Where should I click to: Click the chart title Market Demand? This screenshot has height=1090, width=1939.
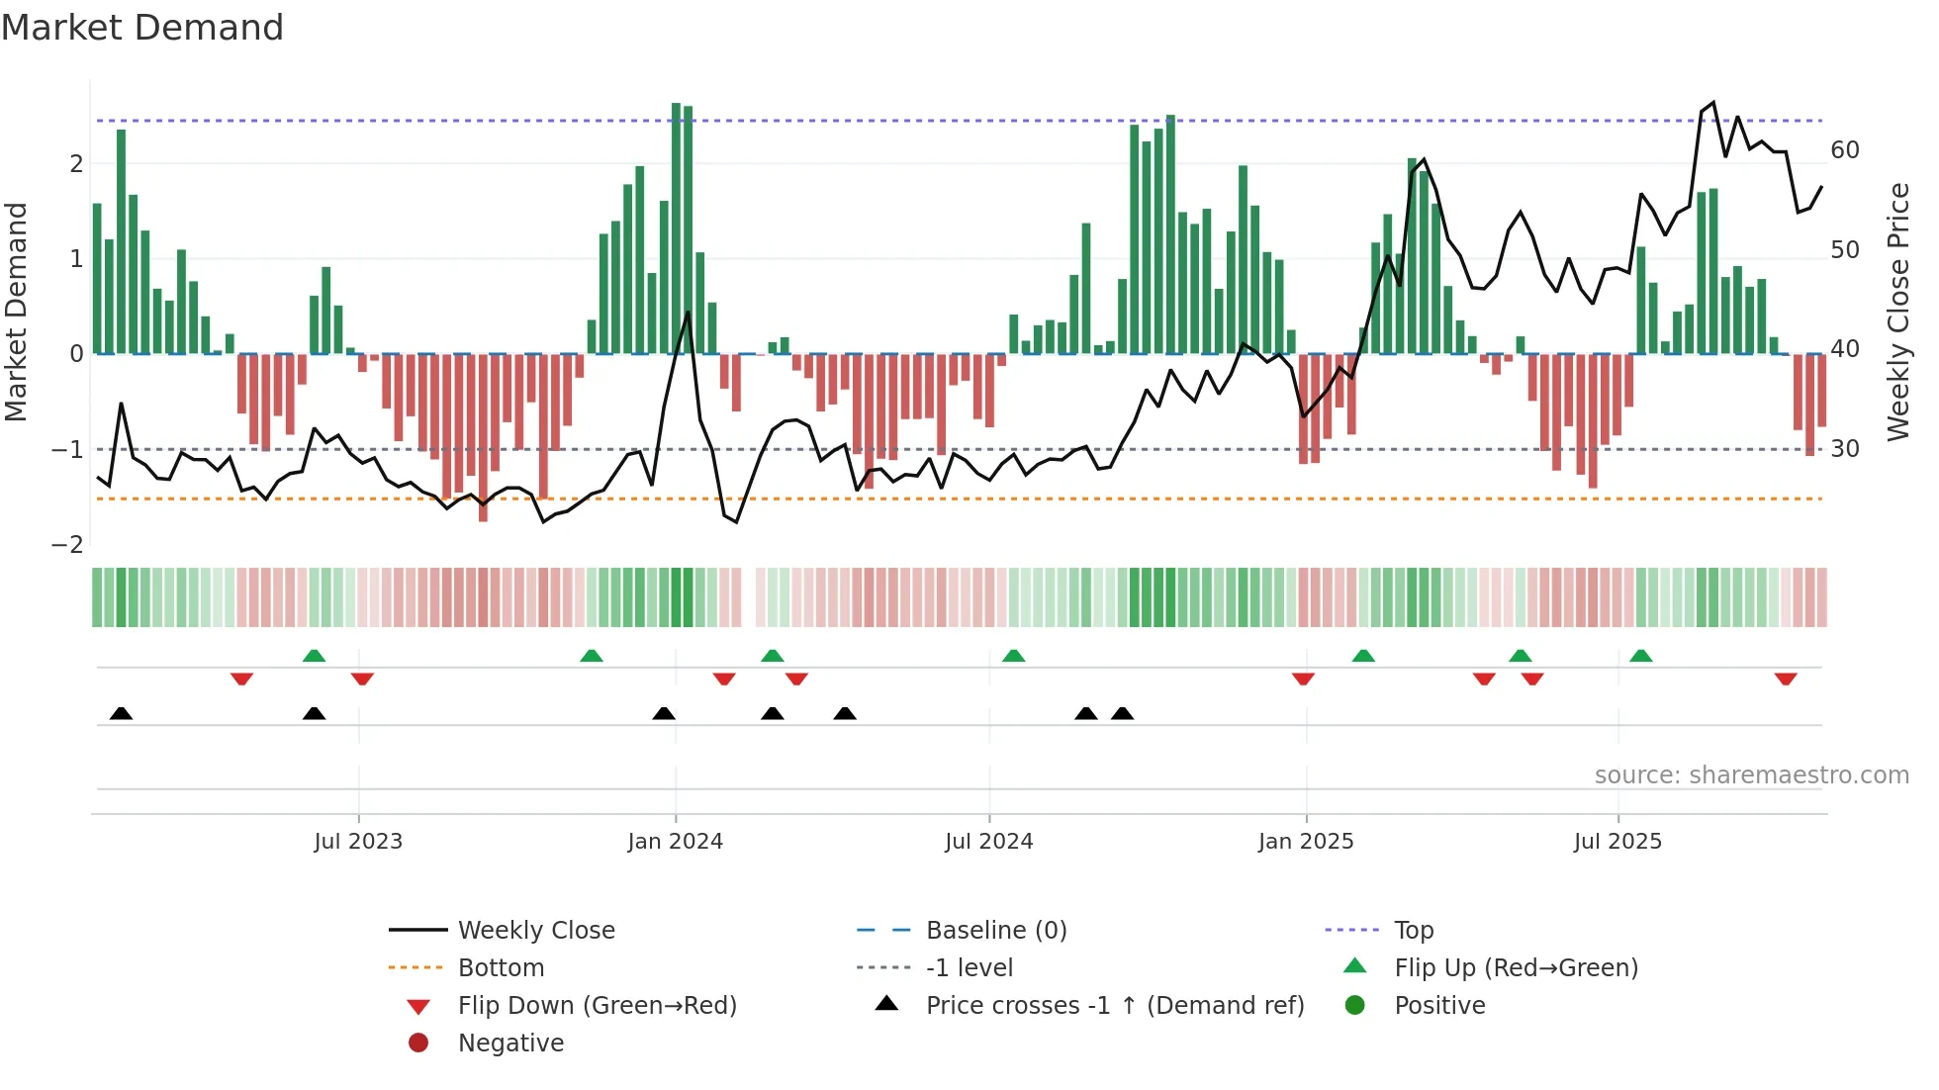(142, 28)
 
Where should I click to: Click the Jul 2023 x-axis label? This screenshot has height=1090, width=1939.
(358, 842)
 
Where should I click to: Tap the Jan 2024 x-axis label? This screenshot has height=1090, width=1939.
(675, 842)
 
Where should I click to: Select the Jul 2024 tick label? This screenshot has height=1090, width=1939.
(988, 842)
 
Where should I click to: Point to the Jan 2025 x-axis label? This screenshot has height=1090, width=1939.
(1305, 842)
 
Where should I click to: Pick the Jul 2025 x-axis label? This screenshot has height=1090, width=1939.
(1617, 842)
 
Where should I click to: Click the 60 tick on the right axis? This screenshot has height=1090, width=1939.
(1844, 150)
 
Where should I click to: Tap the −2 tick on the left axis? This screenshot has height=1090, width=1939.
(67, 545)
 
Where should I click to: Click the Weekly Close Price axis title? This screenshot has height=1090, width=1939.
(1897, 312)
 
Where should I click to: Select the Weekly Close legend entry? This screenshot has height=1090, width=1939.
(535, 931)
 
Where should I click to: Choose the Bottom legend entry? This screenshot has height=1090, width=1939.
(501, 968)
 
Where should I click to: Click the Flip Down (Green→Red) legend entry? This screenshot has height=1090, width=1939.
(597, 1006)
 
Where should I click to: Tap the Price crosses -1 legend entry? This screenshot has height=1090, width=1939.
(1114, 1006)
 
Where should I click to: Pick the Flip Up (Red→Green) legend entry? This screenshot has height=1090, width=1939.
(1516, 968)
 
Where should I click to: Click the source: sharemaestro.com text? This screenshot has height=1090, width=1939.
(1751, 775)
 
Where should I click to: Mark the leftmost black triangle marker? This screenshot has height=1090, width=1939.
(121, 713)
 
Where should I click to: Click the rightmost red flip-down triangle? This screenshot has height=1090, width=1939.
(1785, 679)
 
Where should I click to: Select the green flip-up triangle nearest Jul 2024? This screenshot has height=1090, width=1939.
(1013, 656)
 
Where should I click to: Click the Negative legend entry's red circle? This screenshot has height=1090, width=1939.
(418, 1044)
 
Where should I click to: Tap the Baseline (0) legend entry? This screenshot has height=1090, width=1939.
(995, 931)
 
